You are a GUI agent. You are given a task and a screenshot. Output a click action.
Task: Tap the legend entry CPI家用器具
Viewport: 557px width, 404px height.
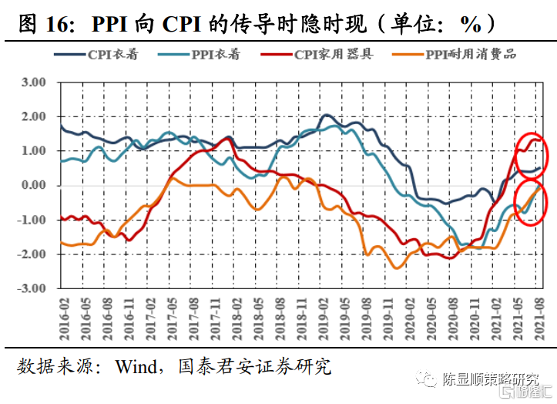[334, 55]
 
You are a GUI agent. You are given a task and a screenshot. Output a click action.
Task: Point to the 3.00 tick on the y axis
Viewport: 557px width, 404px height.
[34, 82]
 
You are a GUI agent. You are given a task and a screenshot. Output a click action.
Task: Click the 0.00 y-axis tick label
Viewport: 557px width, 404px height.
[34, 185]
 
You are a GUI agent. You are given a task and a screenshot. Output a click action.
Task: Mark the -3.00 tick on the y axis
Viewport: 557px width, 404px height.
[32, 288]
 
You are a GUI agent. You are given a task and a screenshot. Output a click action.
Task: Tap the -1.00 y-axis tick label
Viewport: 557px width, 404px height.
[32, 220]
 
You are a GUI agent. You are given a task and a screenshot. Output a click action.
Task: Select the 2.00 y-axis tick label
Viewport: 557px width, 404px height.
[34, 116]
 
